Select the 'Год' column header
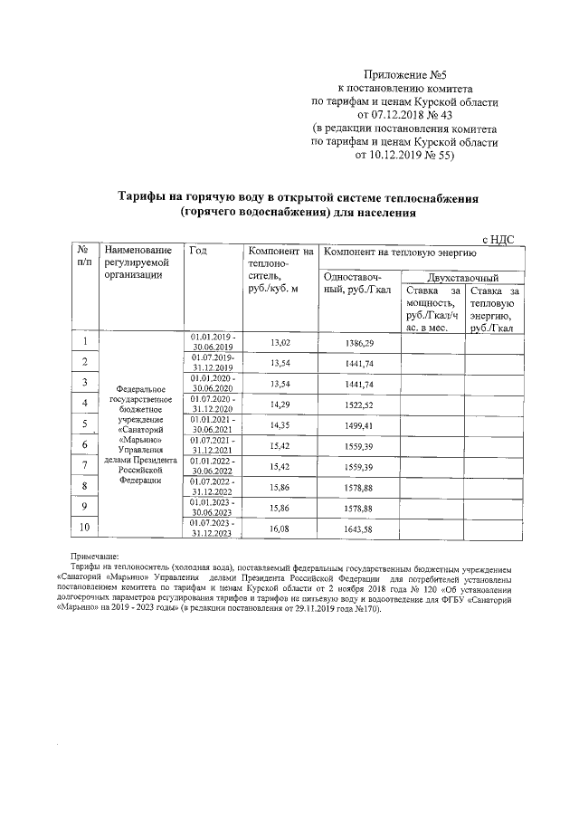pyautogui.click(x=197, y=251)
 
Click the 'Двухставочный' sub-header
pyautogui.click(x=461, y=277)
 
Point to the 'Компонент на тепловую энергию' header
pyautogui.click(x=394, y=251)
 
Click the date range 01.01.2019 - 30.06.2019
pyautogui.click(x=213, y=341)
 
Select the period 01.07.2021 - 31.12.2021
pyautogui.click(x=213, y=445)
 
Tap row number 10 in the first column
pyautogui.click(x=85, y=527)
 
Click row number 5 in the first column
pyautogui.click(x=85, y=424)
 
